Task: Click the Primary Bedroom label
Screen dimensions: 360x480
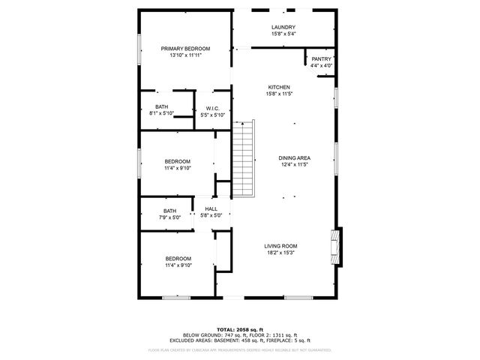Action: (x=185, y=48)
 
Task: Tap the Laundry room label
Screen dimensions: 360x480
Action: (x=283, y=27)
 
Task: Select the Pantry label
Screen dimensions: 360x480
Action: (x=321, y=59)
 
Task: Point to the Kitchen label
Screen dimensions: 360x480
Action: (x=278, y=87)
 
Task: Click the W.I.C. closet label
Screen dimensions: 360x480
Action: (x=212, y=107)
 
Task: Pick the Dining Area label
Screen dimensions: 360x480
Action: (x=295, y=157)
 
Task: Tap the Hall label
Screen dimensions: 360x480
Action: (x=211, y=209)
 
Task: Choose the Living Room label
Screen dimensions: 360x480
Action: (x=280, y=246)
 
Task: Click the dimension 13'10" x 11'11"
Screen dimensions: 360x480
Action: (x=185, y=55)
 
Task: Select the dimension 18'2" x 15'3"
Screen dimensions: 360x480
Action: (x=280, y=253)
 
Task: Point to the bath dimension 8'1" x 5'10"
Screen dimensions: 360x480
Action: (x=161, y=113)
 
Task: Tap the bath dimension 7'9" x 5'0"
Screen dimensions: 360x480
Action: (x=169, y=217)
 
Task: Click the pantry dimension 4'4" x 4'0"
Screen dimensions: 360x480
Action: (x=321, y=66)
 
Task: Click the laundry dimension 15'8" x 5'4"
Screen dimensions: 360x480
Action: (x=283, y=34)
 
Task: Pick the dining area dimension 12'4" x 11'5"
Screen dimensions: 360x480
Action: (x=295, y=164)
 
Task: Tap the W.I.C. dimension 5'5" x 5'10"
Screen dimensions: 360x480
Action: (x=212, y=114)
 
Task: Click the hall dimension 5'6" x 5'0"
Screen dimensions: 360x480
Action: (x=211, y=216)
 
